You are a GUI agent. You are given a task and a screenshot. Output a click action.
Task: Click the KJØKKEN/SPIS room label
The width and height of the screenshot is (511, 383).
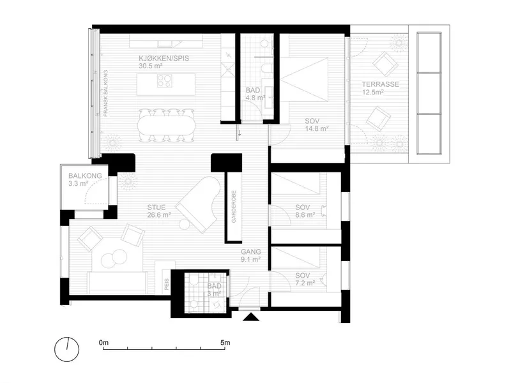(164, 59)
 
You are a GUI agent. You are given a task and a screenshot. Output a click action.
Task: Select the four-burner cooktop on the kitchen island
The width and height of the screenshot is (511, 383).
(165, 81)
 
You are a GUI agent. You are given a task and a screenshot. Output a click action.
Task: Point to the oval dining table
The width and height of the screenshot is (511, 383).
(165, 126)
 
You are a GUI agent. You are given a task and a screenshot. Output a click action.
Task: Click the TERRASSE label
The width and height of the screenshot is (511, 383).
(381, 84)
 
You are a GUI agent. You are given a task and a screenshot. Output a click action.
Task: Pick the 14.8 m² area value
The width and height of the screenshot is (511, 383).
(317, 129)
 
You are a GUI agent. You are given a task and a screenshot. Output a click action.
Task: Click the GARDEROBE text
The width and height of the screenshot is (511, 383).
(234, 206)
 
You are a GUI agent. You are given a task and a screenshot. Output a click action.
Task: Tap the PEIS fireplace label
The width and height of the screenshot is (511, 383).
(167, 283)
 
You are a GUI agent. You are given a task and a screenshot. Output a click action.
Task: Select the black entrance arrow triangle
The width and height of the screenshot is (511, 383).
(251, 317)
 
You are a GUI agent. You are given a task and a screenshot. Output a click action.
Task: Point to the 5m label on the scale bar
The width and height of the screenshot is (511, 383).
(225, 343)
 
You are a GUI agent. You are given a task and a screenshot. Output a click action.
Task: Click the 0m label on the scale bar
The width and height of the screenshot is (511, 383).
(103, 343)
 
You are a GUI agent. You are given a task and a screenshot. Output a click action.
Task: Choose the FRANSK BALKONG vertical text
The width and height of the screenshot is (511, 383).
(105, 93)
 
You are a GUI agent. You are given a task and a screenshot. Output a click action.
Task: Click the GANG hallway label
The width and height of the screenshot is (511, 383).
(251, 252)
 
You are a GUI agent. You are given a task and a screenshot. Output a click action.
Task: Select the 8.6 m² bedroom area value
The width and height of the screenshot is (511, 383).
(305, 215)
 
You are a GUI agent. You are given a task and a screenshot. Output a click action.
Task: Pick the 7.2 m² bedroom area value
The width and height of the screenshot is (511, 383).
(305, 283)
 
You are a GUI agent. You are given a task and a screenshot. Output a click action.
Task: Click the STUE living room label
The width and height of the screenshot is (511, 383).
(156, 207)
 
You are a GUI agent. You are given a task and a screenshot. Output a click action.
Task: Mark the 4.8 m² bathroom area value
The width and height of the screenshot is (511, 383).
(256, 98)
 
